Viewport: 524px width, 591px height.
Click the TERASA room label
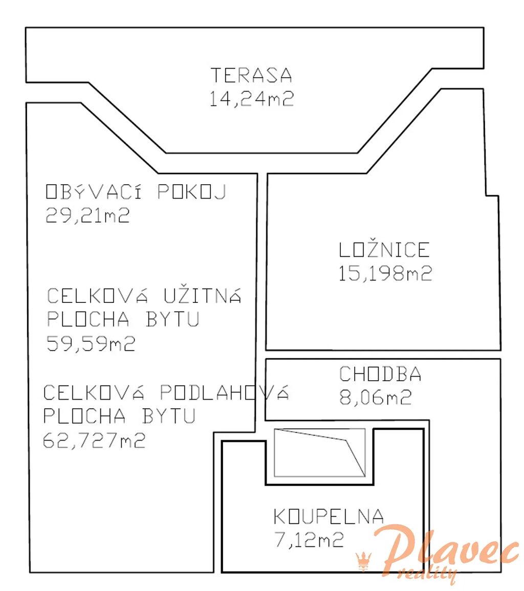point(251,75)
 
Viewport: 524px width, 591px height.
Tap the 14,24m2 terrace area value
point(251,99)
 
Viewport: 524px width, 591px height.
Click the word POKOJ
point(191,191)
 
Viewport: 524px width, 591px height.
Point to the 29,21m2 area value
point(88,215)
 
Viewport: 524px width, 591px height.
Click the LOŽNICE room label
point(384,249)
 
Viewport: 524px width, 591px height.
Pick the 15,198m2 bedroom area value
point(385,273)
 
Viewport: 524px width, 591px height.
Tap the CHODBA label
point(380,374)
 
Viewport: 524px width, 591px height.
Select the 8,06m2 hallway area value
point(376,397)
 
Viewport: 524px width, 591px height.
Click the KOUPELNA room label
point(329,516)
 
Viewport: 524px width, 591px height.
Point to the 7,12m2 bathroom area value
point(309,540)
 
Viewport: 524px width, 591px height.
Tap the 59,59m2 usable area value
point(91,343)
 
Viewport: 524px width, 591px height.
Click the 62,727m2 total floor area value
point(94,440)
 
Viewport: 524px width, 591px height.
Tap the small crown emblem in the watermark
point(363,562)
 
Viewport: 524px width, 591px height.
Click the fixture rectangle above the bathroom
point(320,453)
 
